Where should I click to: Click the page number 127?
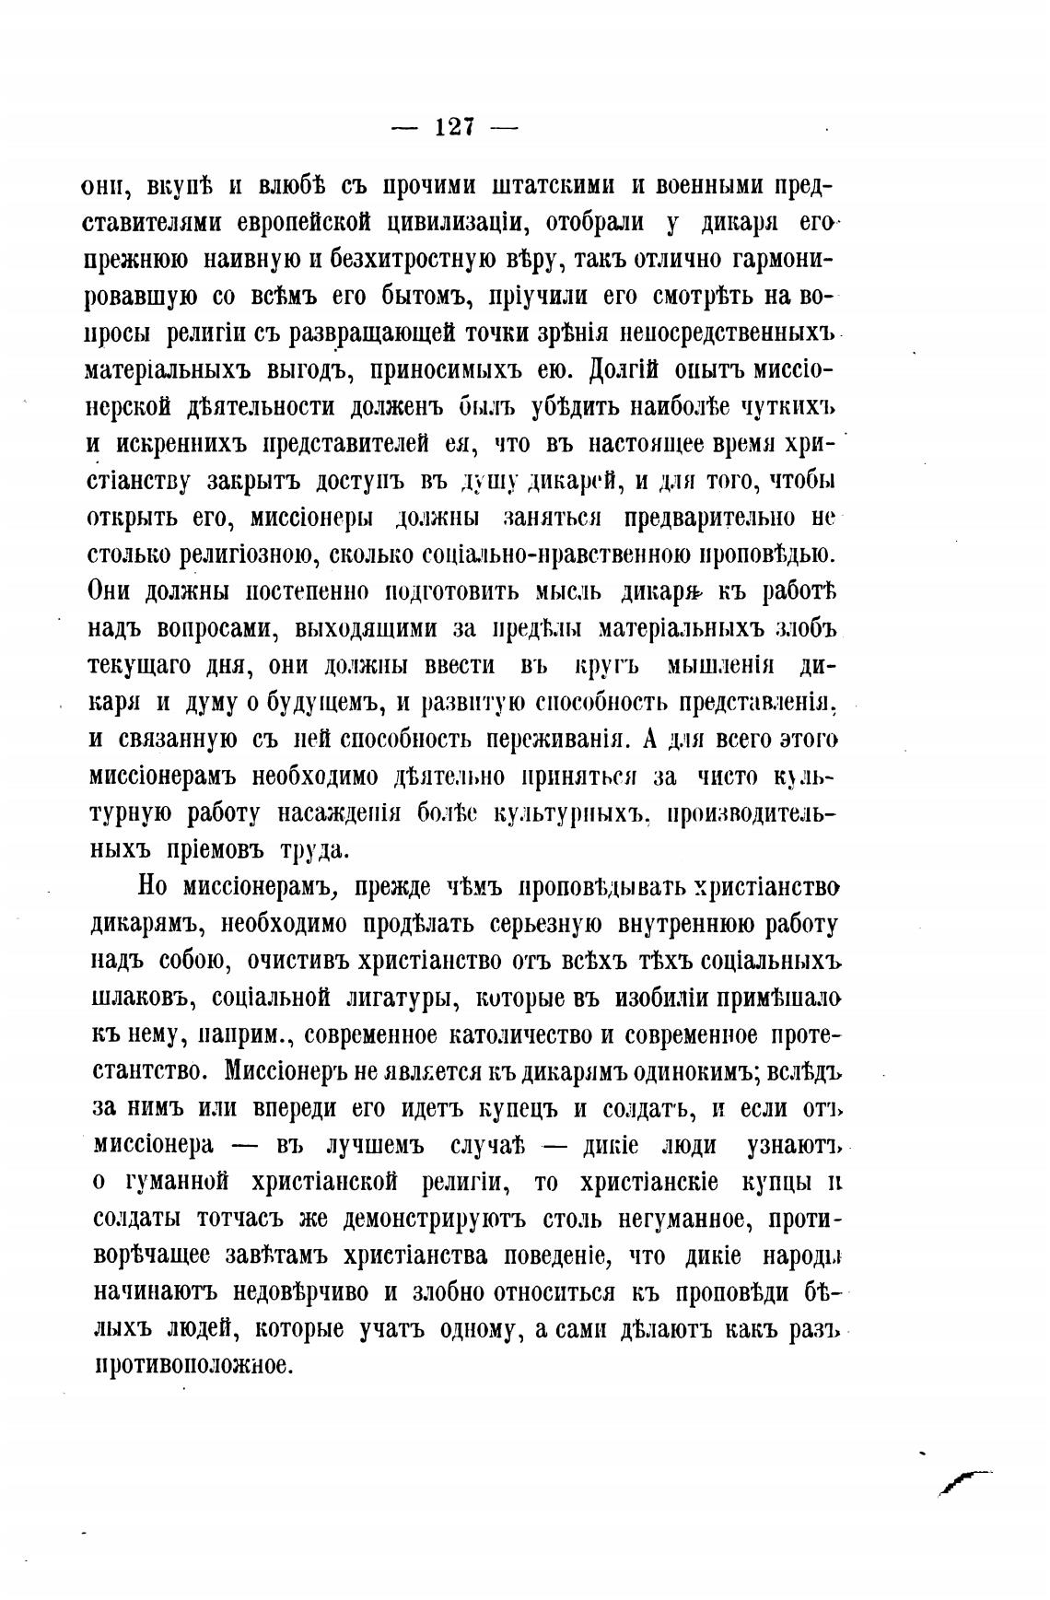(454, 128)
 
